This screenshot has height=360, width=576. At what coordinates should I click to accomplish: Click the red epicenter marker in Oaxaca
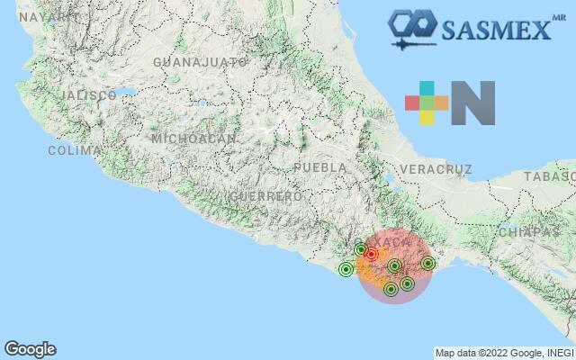(x=371, y=255)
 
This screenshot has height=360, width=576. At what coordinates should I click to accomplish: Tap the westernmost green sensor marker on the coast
(x=346, y=269)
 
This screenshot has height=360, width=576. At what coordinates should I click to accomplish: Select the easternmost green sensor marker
(x=427, y=264)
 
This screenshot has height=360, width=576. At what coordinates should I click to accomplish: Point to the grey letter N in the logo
(x=473, y=103)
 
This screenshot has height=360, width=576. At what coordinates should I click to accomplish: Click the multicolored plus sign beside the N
(x=427, y=103)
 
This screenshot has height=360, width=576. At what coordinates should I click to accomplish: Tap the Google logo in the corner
(x=30, y=349)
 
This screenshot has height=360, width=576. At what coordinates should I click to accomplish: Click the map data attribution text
(x=504, y=352)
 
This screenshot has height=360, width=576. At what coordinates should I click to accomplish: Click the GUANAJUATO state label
(x=200, y=62)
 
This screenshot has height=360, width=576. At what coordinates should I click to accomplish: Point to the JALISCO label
(x=87, y=95)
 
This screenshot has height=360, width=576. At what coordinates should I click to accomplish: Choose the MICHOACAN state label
(x=193, y=139)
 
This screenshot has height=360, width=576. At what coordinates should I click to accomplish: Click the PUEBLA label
(x=320, y=167)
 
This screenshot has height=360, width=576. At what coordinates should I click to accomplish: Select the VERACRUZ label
(x=436, y=169)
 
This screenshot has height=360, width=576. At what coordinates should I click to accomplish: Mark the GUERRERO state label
(x=265, y=195)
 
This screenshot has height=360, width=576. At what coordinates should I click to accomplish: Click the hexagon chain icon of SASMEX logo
(x=410, y=22)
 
